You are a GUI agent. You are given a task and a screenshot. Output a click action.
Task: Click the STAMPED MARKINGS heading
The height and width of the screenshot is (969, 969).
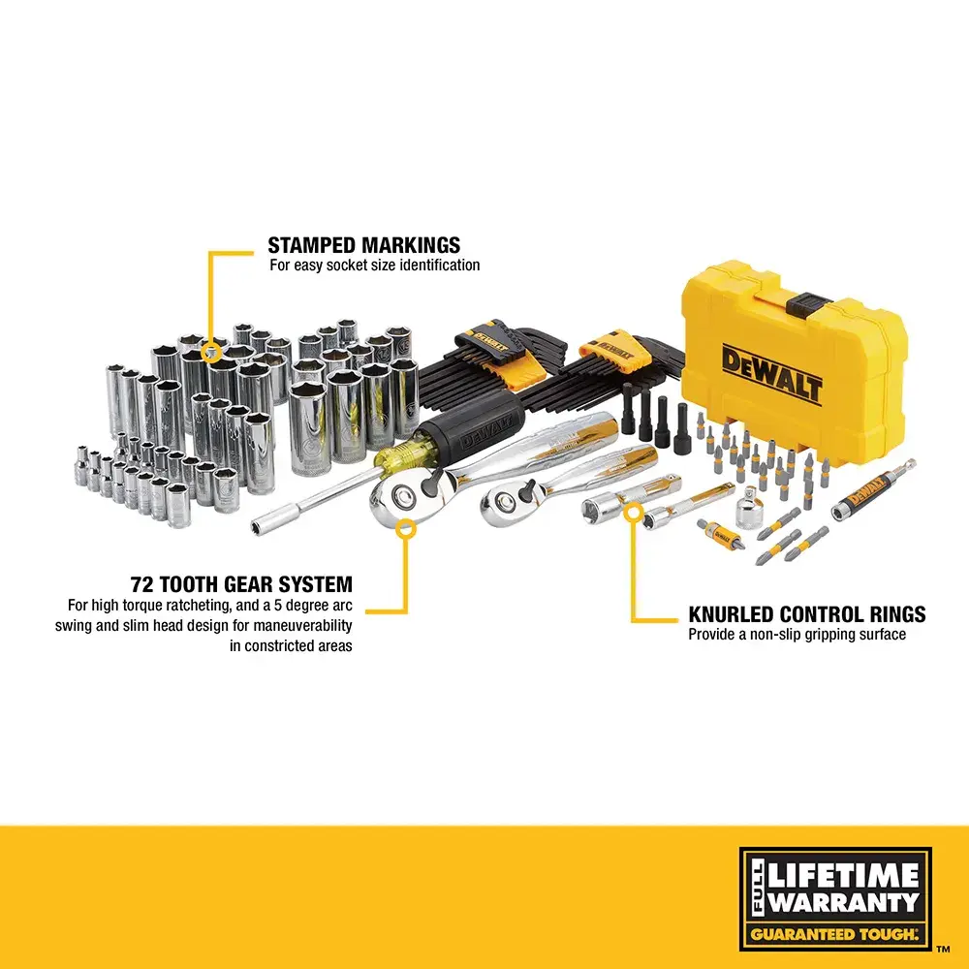point(363,245)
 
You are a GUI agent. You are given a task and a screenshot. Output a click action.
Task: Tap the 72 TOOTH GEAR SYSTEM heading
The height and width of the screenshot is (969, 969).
point(241,584)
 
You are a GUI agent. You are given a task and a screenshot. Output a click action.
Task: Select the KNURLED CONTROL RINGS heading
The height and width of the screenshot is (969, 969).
point(806,614)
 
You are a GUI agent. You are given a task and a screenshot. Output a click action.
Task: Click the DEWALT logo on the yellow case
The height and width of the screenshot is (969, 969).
point(771,375)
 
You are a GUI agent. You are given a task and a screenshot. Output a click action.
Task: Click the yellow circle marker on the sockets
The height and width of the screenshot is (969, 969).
point(210,343)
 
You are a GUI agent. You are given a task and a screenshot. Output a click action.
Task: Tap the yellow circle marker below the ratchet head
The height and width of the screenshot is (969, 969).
point(406,528)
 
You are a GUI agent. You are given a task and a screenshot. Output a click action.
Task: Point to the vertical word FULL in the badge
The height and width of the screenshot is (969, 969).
point(757,891)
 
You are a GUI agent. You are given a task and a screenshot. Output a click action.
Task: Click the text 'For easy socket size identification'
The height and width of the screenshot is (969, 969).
point(374,265)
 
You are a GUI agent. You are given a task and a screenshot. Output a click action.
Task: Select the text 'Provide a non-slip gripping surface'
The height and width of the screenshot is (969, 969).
point(797,635)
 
